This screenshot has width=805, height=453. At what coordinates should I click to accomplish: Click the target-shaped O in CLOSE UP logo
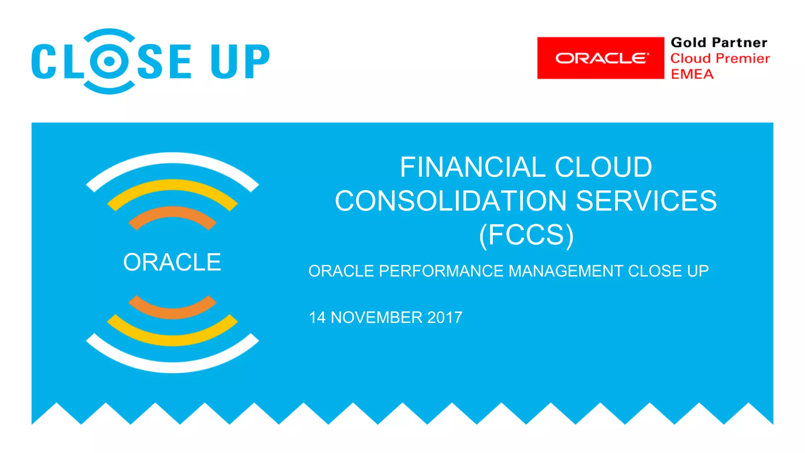click(x=110, y=61)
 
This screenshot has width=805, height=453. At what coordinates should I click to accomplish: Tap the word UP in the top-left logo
click(x=240, y=61)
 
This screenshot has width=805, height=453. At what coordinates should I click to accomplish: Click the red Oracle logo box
click(x=601, y=58)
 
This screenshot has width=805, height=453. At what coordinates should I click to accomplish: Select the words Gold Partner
click(x=719, y=42)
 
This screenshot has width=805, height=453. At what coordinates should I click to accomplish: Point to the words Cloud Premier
click(x=720, y=59)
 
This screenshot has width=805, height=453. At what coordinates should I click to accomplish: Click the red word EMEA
click(x=692, y=74)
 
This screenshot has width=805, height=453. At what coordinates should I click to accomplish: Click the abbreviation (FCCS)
click(x=526, y=235)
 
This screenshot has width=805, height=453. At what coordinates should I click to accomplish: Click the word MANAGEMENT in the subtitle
click(x=566, y=271)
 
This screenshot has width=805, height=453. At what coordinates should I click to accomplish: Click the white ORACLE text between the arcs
click(x=172, y=262)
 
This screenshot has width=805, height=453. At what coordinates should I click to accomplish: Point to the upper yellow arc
click(x=172, y=185)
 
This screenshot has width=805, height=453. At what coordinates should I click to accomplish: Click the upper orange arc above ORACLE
click(x=172, y=212)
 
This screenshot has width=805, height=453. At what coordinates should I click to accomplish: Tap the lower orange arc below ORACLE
click(x=172, y=313)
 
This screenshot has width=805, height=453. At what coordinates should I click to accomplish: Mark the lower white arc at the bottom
click(x=172, y=366)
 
